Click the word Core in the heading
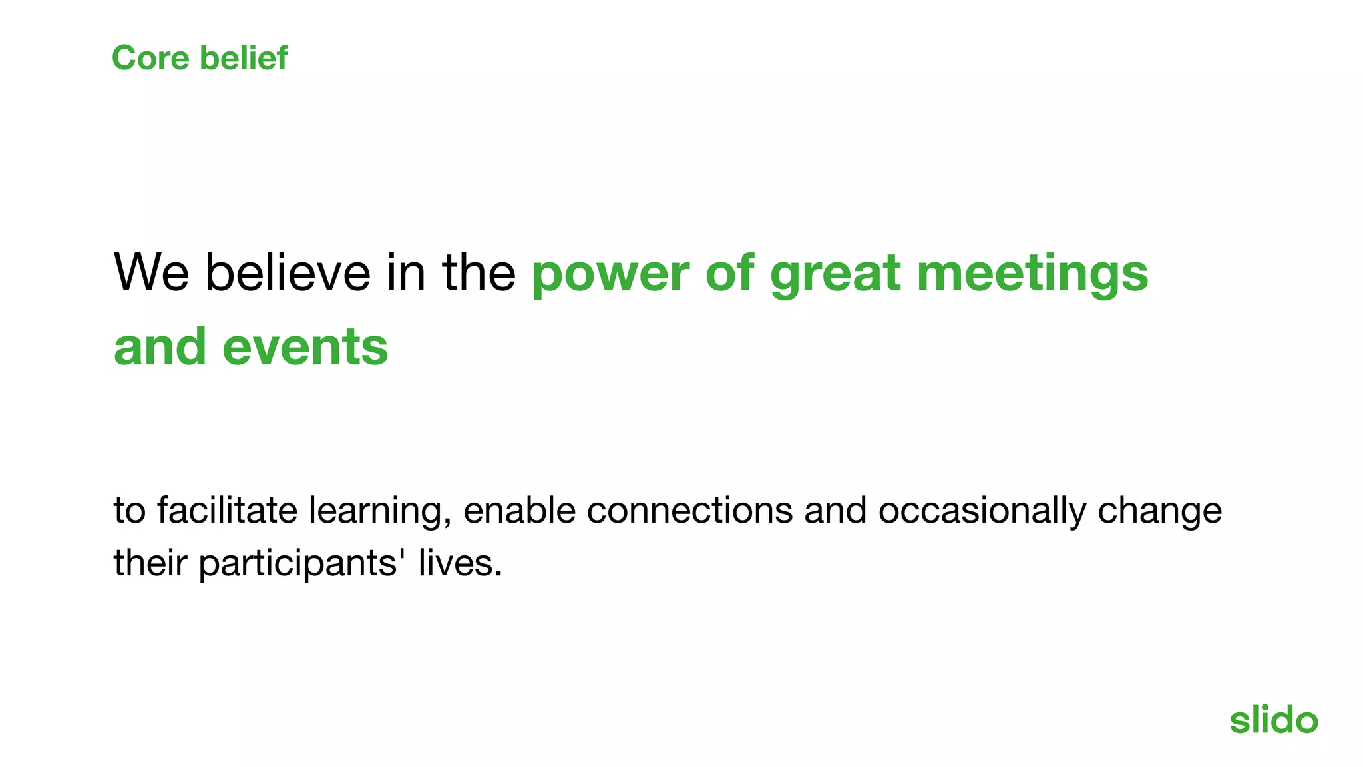tap(150, 58)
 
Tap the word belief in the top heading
tap(244, 58)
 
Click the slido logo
tap(1273, 720)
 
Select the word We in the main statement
tap(151, 272)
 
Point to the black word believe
tap(288, 272)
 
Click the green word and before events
tap(160, 348)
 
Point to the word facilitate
tap(227, 511)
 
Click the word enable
tap(519, 511)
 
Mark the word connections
tap(689, 511)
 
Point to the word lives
tap(460, 563)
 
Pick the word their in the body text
tap(150, 563)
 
